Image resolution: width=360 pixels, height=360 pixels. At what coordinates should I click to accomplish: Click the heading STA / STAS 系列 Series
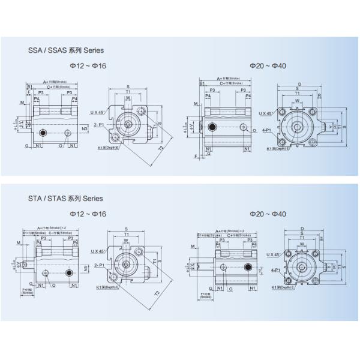coord(62,198)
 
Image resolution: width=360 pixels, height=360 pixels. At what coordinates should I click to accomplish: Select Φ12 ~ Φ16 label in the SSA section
coord(88,65)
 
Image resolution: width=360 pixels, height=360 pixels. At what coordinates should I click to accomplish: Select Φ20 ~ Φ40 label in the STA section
coord(268,214)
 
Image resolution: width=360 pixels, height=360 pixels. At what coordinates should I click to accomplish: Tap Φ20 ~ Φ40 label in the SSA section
coord(268,65)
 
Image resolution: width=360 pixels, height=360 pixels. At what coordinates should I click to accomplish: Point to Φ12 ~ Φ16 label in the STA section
coord(88,214)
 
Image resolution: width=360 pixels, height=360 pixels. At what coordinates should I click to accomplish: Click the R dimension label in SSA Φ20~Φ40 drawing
coord(320,95)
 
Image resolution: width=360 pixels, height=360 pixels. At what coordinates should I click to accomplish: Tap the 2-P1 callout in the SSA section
coord(100,124)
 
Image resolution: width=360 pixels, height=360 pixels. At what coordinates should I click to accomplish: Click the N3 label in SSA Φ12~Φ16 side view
coord(85,128)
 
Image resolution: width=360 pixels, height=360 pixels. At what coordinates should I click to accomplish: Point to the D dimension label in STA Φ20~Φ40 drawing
coord(302,229)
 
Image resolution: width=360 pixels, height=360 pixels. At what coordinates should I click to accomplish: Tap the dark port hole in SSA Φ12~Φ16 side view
coord(42,132)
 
